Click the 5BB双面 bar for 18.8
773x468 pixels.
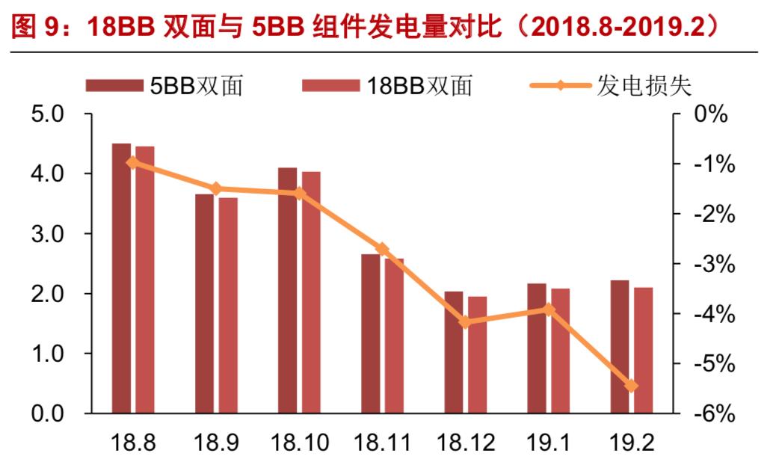pos(121,278)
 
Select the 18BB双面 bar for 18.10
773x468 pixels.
pos(311,292)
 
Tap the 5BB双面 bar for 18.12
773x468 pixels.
pos(453,352)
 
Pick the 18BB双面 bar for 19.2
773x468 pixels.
pos(643,350)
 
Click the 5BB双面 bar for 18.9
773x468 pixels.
pos(204,304)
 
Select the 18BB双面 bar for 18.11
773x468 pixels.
pos(394,336)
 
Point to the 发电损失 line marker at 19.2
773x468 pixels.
pos(631,386)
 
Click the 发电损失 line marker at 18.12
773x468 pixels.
pos(465,322)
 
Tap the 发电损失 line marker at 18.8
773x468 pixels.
pos(132,162)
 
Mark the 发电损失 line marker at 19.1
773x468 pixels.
pos(548,309)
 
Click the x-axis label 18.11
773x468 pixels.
pos(382,443)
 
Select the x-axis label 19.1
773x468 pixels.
pos(548,443)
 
